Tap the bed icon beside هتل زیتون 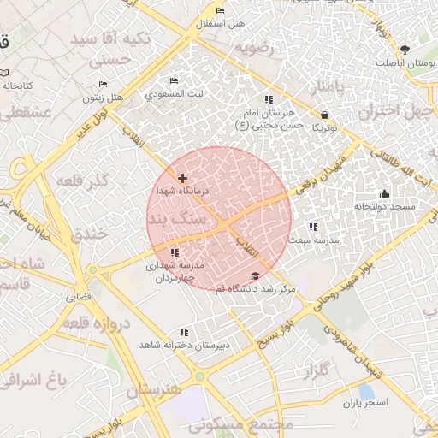tap(103, 85)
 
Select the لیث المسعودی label tap(175, 93)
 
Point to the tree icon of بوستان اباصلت tap(405, 50)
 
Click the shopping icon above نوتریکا tap(324, 115)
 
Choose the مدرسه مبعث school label tap(313, 240)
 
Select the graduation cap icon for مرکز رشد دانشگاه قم tap(254, 276)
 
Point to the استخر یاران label tap(367, 402)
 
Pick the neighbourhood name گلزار tap(316, 370)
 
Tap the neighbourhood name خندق tap(92, 234)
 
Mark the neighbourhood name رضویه tap(255, 47)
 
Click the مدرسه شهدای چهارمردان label tap(175, 271)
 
